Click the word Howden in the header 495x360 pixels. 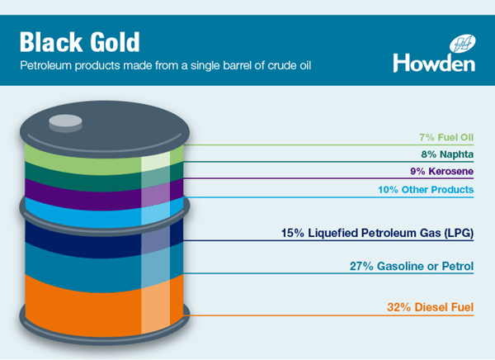(x=434, y=63)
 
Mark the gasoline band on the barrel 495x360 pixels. (x=99, y=263)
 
